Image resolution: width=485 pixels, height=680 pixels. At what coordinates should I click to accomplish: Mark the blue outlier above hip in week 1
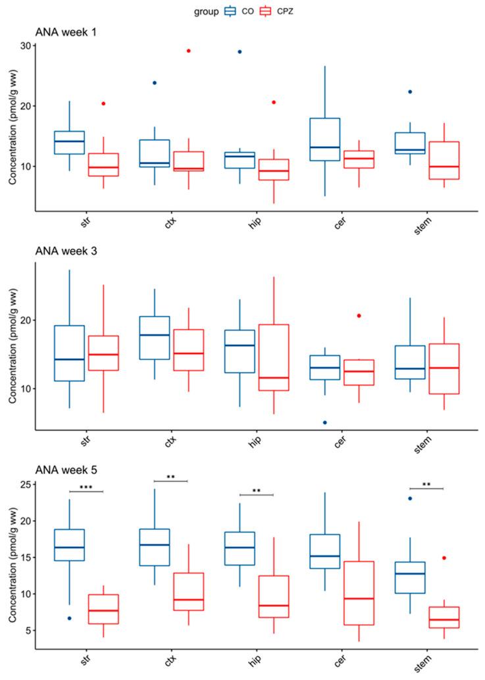[240, 51]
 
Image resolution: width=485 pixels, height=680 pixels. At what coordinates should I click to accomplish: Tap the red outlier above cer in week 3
[359, 316]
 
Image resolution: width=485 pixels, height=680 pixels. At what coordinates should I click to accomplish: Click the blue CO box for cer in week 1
[325, 140]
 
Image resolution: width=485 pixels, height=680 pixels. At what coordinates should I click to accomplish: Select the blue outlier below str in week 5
[69, 618]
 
